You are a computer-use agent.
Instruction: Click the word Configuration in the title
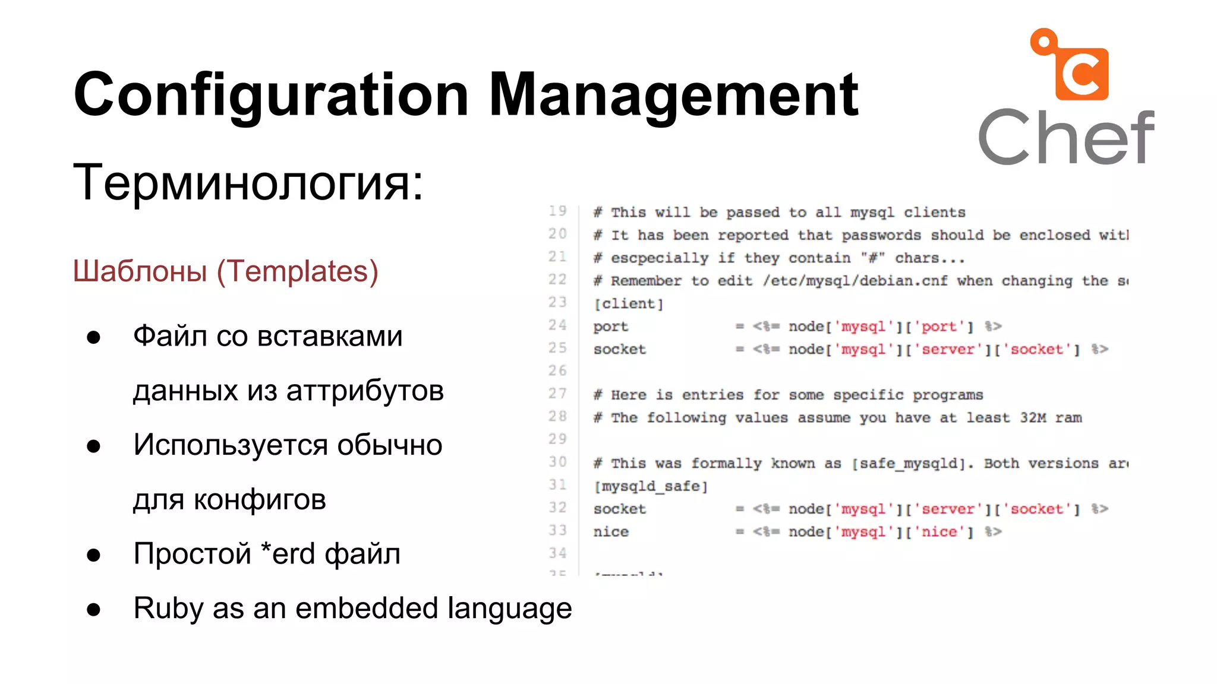(x=270, y=95)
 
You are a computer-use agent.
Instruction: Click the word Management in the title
(x=673, y=95)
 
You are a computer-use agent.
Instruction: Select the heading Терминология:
(x=248, y=182)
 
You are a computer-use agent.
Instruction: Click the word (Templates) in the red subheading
(x=297, y=271)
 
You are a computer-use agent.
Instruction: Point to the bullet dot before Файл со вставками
(x=93, y=337)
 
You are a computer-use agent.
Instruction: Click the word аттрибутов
(x=365, y=391)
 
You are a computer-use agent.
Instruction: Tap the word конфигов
(x=260, y=500)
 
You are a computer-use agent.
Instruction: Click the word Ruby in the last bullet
(x=168, y=609)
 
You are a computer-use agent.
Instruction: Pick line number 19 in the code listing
(x=557, y=211)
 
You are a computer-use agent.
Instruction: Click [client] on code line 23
(x=628, y=304)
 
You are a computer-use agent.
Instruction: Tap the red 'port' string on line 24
(x=939, y=327)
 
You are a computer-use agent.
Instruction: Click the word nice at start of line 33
(x=610, y=532)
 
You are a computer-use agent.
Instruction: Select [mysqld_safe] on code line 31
(x=651, y=486)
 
